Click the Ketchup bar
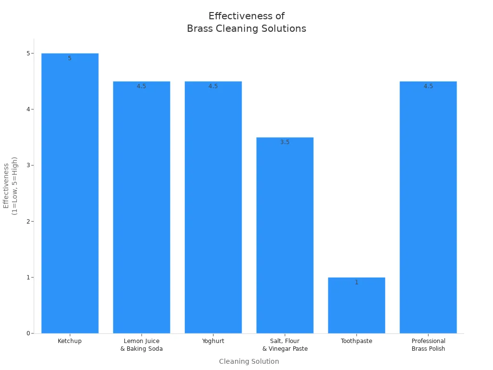(70, 193)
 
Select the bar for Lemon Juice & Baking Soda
(142, 207)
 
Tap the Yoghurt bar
(213, 207)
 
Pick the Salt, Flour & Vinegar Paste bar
(285, 236)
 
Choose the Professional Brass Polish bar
(428, 207)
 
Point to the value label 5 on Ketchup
(70, 58)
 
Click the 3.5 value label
(285, 142)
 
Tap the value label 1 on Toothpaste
(357, 282)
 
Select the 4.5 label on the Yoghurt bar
(213, 86)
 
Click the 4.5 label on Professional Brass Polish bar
(428, 86)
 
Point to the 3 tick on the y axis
(28, 165)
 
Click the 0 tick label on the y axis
(28, 333)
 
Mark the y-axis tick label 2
(28, 222)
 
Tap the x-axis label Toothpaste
(357, 341)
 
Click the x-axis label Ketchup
(70, 341)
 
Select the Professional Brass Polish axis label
(428, 345)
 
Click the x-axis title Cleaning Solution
(249, 361)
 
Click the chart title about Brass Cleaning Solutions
(246, 23)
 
